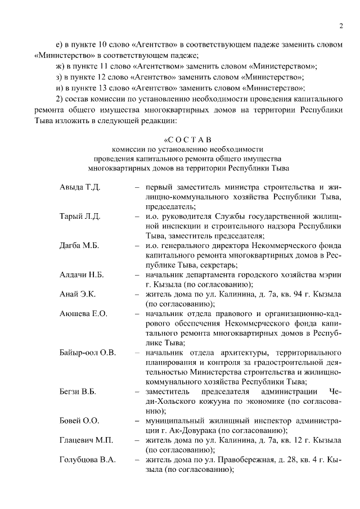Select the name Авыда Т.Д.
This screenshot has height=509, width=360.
(x=79, y=187)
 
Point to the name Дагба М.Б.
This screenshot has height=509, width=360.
(x=79, y=245)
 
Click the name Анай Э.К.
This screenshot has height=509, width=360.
(x=78, y=294)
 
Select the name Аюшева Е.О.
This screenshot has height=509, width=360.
(x=83, y=313)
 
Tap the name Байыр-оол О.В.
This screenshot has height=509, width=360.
(x=87, y=353)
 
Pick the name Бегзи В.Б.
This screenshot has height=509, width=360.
(x=78, y=391)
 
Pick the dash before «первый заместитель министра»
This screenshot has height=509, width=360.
(x=137, y=187)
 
